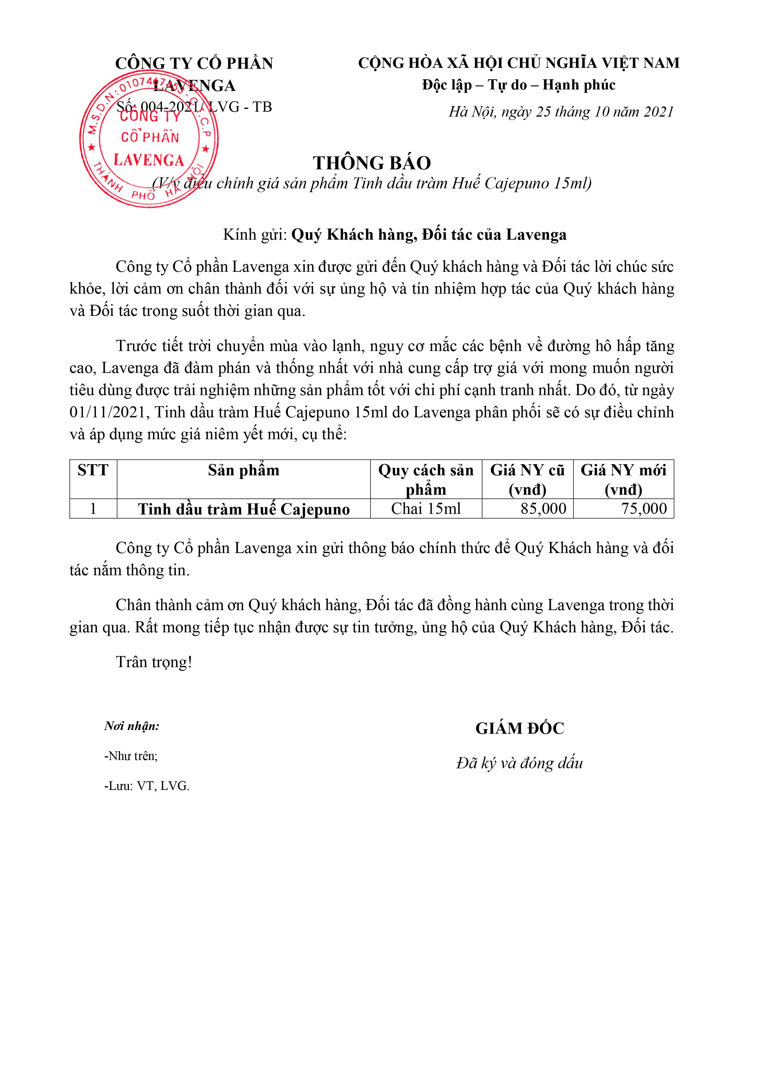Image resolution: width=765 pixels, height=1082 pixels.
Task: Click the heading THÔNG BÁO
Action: click(x=372, y=163)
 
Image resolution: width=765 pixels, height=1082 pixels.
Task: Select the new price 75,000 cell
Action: click(x=644, y=509)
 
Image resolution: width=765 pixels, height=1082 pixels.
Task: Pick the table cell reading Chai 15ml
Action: click(x=426, y=509)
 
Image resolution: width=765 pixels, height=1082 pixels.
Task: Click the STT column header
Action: click(x=93, y=470)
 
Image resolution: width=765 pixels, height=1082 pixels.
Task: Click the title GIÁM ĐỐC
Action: click(x=519, y=729)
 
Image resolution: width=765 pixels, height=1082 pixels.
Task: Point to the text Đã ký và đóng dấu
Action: click(x=519, y=763)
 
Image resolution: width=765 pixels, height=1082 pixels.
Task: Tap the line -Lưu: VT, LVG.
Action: click(x=147, y=786)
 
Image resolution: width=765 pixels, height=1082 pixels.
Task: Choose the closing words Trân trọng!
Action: click(x=154, y=662)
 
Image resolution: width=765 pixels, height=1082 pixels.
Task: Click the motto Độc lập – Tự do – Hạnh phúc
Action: click(x=519, y=85)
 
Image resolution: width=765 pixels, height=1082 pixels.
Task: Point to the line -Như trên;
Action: click(x=130, y=756)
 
